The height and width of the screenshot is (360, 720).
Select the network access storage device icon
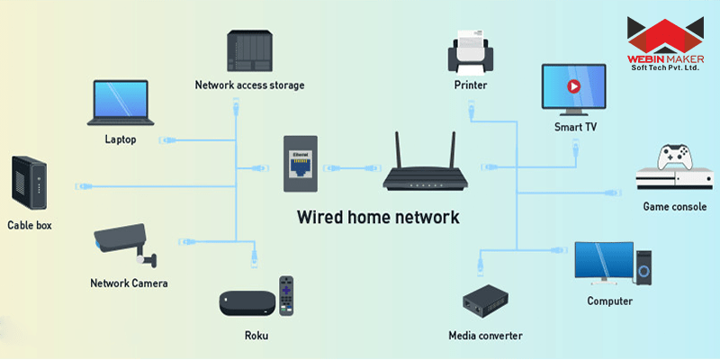[250, 52]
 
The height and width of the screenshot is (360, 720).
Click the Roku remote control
[286, 295]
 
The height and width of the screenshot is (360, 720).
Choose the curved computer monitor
[604, 261]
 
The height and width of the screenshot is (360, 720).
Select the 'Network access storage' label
[249, 85]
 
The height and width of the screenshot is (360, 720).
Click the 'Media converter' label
[485, 336]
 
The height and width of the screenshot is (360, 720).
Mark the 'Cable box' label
[30, 225]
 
